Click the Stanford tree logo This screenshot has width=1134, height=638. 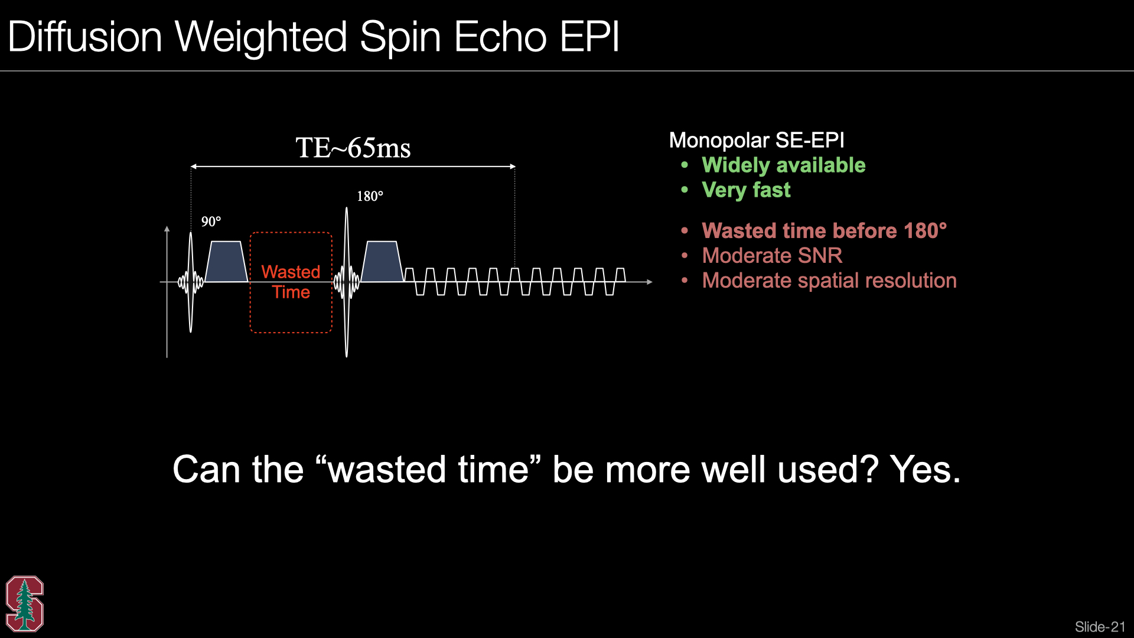[x=24, y=604]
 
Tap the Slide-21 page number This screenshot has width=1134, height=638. [x=1100, y=627]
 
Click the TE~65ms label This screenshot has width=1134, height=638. [x=353, y=148]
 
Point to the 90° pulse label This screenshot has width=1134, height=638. [x=211, y=222]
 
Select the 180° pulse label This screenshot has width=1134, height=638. [x=370, y=196]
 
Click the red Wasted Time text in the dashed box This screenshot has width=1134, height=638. [x=291, y=282]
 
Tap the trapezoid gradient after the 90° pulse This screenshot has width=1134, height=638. [x=226, y=261]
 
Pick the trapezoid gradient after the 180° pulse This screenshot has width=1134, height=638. [x=382, y=261]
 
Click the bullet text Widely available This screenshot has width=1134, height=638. [x=783, y=165]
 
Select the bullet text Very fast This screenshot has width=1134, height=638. [x=746, y=190]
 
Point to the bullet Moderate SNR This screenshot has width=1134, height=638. [x=772, y=256]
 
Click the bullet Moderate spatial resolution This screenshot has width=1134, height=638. [x=829, y=281]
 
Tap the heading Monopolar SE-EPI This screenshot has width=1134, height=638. [x=757, y=141]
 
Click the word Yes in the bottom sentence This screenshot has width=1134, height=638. [x=925, y=470]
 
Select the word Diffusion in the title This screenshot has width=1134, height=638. [x=85, y=37]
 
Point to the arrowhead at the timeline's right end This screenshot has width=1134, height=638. [x=650, y=282]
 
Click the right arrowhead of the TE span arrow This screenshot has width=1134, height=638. [x=513, y=167]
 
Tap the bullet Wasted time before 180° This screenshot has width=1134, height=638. [x=824, y=231]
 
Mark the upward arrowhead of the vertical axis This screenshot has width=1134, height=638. [x=167, y=229]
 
